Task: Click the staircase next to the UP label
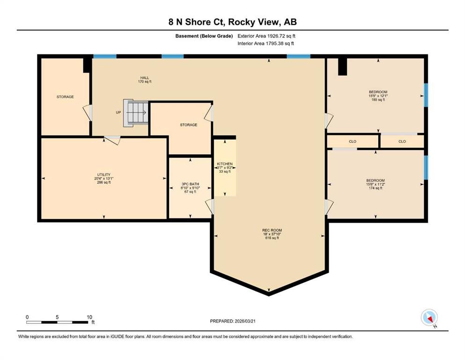pyautogui.click(x=136, y=113)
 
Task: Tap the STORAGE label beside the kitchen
pyautogui.click(x=189, y=125)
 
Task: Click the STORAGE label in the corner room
pyautogui.click(x=65, y=97)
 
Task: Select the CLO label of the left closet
pyautogui.click(x=353, y=142)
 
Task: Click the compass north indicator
pyautogui.click(x=429, y=317)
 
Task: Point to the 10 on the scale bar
pyautogui.click(x=89, y=317)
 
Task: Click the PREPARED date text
pyautogui.click(x=233, y=321)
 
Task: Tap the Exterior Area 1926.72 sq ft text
pyautogui.click(x=266, y=36)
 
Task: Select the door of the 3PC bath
pyautogui.click(x=209, y=206)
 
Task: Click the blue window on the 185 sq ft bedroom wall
pyautogui.click(x=426, y=95)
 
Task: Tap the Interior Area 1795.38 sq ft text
pyautogui.click(x=266, y=43)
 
